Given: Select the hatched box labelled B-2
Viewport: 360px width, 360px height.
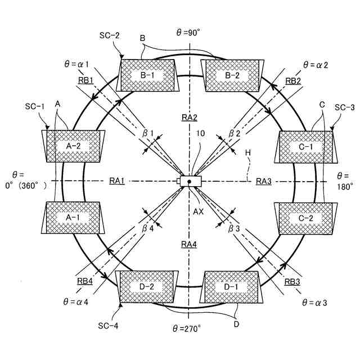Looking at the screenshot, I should (232, 75).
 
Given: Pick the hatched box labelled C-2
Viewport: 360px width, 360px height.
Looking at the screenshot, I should (304, 217).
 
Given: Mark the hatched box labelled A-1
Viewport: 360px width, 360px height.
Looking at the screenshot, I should (74, 217).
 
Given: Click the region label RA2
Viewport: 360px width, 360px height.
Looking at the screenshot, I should (188, 117).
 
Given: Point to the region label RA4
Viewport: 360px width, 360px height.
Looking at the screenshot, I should (188, 244).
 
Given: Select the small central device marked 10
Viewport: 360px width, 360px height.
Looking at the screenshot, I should (189, 181).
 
